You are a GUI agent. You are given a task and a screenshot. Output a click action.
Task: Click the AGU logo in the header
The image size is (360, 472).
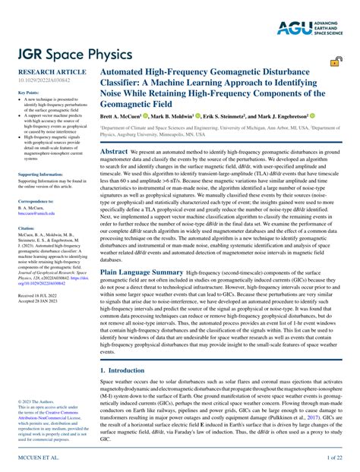point(315,11)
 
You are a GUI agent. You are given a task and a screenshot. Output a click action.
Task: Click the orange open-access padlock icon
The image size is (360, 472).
point(333,63)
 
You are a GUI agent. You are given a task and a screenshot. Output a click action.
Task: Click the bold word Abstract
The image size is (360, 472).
point(114,152)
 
